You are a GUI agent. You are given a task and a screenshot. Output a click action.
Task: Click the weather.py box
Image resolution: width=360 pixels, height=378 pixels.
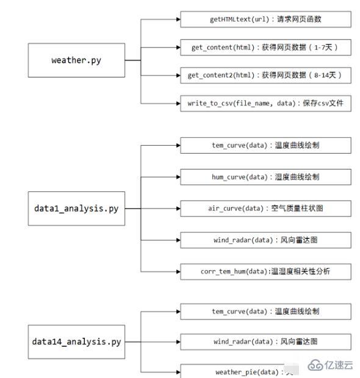coord(76,60)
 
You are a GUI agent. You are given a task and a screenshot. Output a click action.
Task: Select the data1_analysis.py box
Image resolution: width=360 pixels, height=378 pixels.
coord(76,208)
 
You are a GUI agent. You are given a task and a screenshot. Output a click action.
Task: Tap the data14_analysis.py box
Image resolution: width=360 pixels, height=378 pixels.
coord(76,341)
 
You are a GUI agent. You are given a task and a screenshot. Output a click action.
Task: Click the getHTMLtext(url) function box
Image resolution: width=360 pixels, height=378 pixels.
coord(265,20)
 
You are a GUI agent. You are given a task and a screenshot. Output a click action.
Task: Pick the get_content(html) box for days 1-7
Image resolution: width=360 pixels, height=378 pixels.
coord(265,47)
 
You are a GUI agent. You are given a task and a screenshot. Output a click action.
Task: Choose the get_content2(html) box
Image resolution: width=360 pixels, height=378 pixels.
coord(265,75)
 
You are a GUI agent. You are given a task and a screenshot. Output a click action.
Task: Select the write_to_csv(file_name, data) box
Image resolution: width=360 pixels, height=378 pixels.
coord(265,103)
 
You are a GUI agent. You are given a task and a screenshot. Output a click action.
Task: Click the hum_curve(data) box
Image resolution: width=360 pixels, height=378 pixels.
coord(265,177)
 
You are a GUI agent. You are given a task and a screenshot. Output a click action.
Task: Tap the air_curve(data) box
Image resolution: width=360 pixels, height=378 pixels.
coord(265,209)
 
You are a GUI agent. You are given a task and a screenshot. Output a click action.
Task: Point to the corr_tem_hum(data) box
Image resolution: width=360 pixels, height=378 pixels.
coord(265,271)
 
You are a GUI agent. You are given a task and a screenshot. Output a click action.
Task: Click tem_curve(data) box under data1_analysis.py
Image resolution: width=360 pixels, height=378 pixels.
coord(265,145)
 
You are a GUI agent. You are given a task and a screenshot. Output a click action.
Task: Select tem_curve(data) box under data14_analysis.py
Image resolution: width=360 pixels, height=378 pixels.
coord(265,312)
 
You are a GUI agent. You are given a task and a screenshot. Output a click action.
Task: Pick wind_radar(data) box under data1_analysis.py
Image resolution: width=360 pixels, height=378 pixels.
coord(265,240)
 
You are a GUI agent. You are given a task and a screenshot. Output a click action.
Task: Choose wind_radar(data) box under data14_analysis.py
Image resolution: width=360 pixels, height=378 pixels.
coord(265,341)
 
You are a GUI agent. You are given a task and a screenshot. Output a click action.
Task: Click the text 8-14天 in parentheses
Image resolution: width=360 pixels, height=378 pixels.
coord(322,75)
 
